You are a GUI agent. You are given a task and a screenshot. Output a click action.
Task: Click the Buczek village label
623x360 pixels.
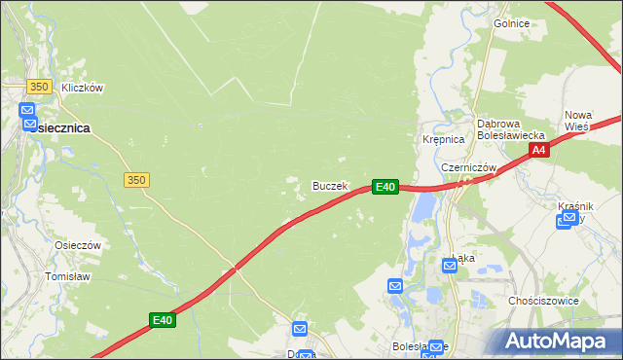329,185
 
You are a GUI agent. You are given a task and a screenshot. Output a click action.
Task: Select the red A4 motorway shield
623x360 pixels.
540,150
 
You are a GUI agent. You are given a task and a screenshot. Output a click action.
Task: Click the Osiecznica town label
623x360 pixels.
59,127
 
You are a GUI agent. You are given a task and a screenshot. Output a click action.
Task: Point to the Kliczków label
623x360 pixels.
82,88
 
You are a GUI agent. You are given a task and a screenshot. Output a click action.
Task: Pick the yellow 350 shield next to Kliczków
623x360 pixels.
39,87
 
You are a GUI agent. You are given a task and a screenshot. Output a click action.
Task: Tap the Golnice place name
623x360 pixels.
511,23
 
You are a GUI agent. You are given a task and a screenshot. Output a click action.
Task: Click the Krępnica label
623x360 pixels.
442,140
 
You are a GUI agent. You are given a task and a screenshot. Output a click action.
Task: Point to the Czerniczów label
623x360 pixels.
469,167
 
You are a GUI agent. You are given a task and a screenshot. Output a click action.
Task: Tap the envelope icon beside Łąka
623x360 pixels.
450,264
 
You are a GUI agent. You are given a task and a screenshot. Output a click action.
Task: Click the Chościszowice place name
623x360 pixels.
543,301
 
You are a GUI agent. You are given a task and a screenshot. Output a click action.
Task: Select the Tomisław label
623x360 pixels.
68,276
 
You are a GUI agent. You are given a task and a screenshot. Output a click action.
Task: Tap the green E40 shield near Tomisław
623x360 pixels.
163,319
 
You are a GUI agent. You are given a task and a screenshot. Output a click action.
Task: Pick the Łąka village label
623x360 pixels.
464,258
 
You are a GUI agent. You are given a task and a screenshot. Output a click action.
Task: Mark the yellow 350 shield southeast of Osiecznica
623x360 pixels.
136,180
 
